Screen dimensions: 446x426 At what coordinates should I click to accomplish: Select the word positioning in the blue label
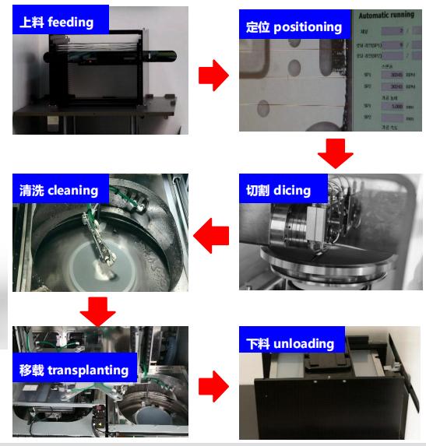(x=307, y=26)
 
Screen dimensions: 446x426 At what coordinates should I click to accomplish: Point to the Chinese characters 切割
(x=258, y=190)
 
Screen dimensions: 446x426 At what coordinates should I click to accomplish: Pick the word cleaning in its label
(x=72, y=190)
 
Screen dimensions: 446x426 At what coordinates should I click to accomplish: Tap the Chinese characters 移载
(x=32, y=369)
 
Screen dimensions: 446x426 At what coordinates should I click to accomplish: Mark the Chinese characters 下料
(x=259, y=343)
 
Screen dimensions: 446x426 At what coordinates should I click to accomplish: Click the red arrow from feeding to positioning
(x=213, y=76)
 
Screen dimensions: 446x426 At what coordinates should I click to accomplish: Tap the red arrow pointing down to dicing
(x=336, y=153)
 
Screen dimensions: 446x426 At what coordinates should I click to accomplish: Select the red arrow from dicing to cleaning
(x=211, y=237)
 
